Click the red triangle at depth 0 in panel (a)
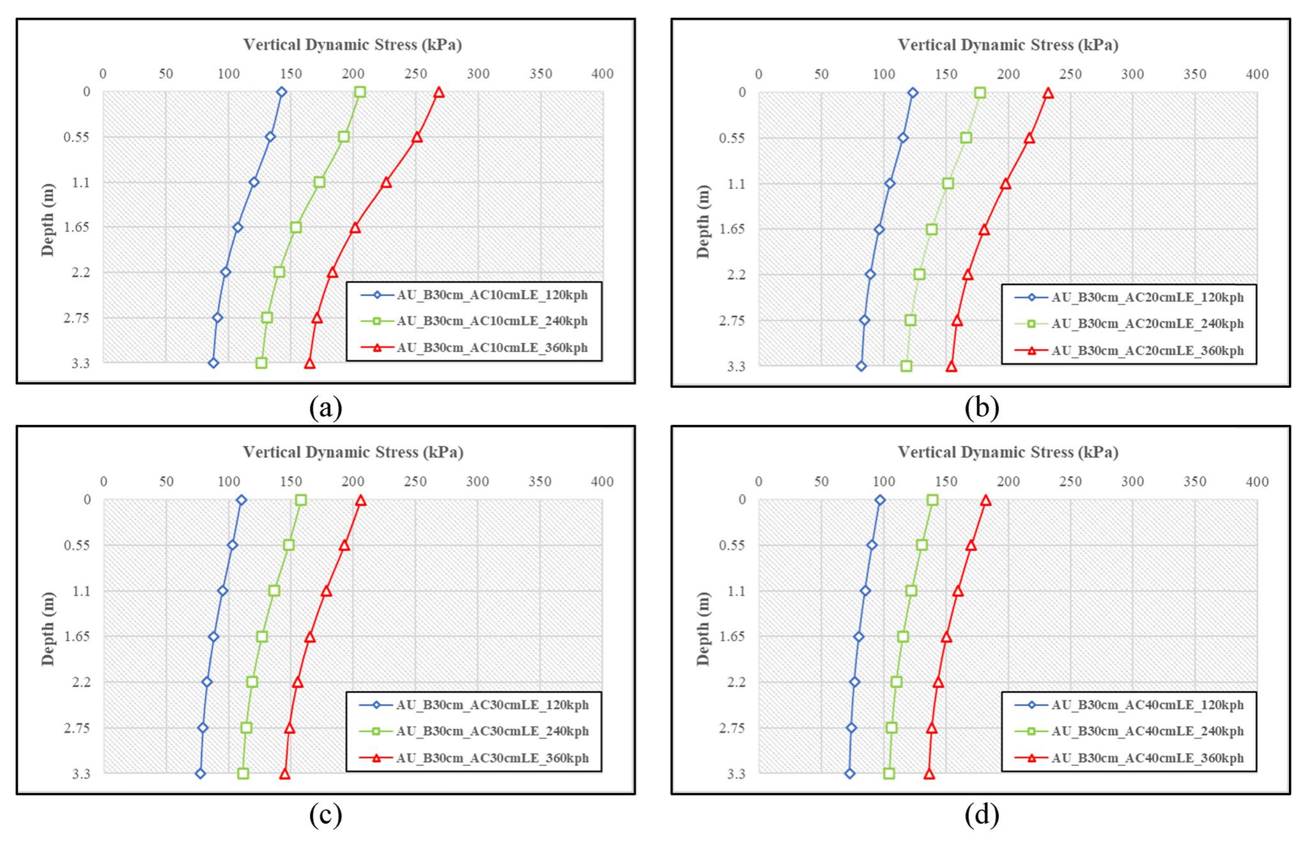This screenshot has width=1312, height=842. pyautogui.click(x=438, y=93)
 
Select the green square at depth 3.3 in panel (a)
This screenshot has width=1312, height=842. pyautogui.click(x=261, y=363)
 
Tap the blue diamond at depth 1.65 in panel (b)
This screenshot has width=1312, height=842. pyautogui.click(x=879, y=229)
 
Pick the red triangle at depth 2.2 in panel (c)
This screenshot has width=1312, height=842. pyautogui.click(x=297, y=682)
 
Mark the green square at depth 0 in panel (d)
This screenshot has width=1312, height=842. pyautogui.click(x=932, y=500)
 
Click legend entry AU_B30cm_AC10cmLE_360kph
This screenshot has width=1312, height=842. pyautogui.click(x=491, y=348)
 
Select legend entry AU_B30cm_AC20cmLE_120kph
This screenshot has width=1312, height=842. pyautogui.click(x=1147, y=297)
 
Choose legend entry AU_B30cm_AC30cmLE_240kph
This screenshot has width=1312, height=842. pyautogui.click(x=492, y=731)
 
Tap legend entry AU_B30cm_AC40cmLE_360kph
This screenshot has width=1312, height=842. pyautogui.click(x=1147, y=758)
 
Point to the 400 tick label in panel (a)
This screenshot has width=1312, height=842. pyautogui.click(x=603, y=74)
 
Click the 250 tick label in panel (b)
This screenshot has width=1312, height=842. pyautogui.click(x=1071, y=75)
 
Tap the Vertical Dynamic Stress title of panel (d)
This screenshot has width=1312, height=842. pyautogui.click(x=1008, y=452)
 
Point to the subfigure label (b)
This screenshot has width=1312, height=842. pyautogui.click(x=982, y=408)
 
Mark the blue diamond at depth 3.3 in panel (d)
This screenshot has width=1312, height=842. pyautogui.click(x=849, y=774)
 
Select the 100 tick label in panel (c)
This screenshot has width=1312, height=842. pyautogui.click(x=229, y=482)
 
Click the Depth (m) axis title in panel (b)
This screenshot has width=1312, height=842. pyautogui.click(x=704, y=222)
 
